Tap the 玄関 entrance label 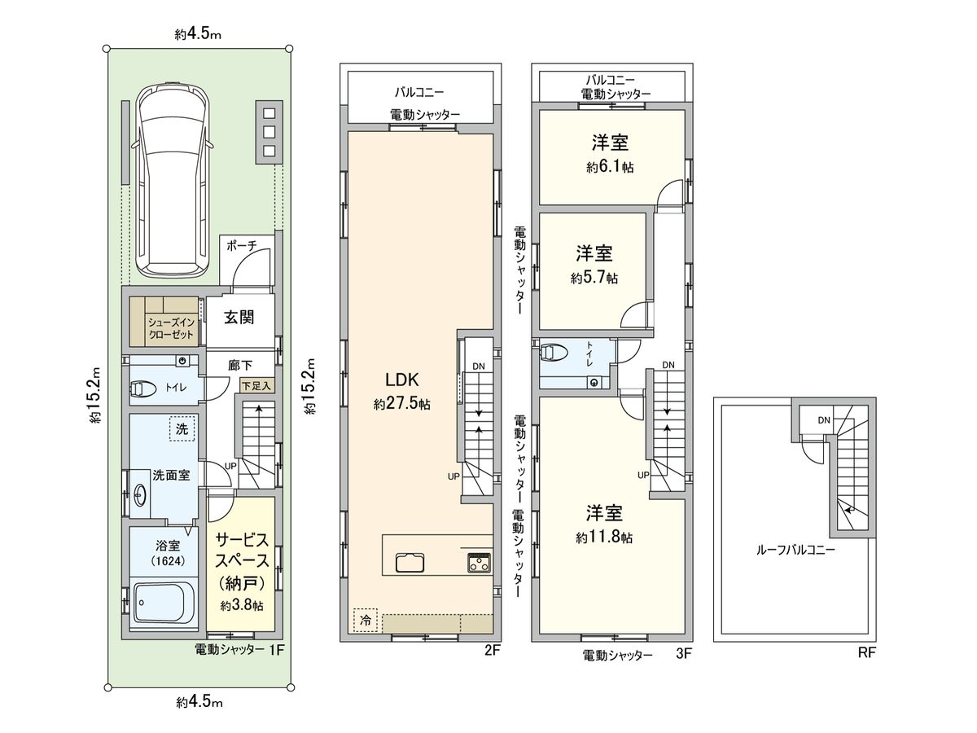click(x=239, y=317)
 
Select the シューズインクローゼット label click(x=171, y=328)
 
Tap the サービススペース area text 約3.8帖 click(x=241, y=606)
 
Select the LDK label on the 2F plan click(x=401, y=380)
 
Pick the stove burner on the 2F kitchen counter click(x=478, y=562)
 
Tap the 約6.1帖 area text click(x=610, y=167)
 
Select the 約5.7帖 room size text click(x=594, y=278)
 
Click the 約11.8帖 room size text click(x=604, y=538)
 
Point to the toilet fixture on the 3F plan click(x=556, y=353)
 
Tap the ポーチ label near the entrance click(x=242, y=244)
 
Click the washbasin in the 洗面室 click(x=140, y=494)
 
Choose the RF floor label click(x=865, y=652)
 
